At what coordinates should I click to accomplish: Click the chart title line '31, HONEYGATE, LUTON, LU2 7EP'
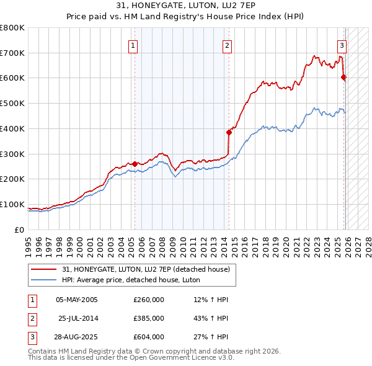click(185, 5)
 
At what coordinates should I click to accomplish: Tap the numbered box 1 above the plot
click(133, 45)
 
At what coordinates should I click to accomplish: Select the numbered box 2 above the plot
click(228, 45)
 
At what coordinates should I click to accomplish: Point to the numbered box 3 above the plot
click(342, 45)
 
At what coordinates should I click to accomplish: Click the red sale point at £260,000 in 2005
click(135, 164)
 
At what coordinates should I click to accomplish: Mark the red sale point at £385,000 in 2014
click(229, 132)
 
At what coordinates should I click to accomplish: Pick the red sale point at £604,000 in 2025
click(343, 77)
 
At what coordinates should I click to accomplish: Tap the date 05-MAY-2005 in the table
click(77, 300)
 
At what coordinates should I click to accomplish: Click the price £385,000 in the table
click(149, 318)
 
